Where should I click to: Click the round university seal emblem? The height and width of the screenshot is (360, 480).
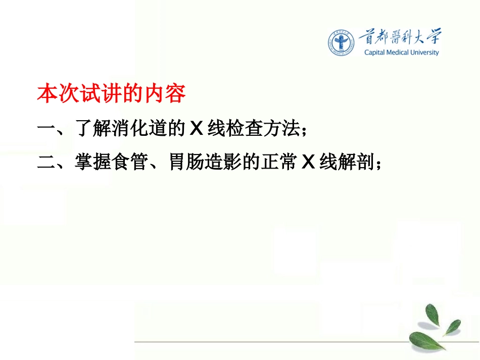point(341,42)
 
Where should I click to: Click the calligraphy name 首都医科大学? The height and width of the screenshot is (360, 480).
point(399,37)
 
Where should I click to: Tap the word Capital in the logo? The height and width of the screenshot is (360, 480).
point(375,53)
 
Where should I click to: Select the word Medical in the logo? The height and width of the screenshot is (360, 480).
point(400,53)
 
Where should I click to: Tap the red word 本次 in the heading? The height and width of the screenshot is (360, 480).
point(56,94)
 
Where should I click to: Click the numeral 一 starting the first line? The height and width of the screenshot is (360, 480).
point(46,129)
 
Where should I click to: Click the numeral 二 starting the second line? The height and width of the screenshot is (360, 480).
point(46,163)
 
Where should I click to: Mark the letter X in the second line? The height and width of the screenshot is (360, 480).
point(308,163)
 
